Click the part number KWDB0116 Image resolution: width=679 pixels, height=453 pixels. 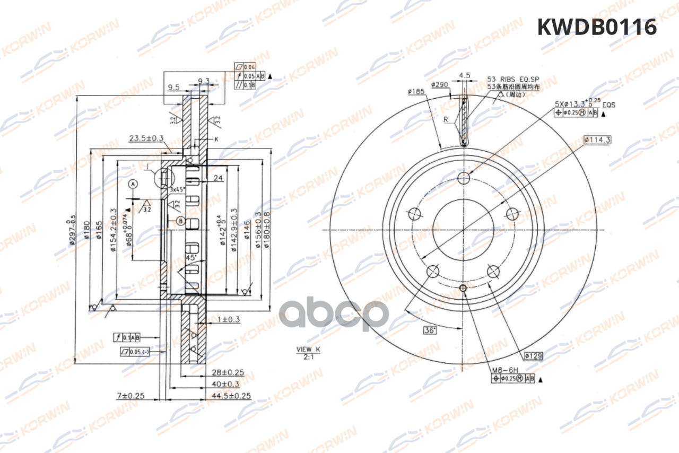click(597, 27)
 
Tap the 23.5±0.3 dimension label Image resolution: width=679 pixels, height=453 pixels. click(146, 138)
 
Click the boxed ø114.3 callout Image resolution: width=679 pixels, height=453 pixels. click(597, 140)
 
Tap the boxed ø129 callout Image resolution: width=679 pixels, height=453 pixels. click(534, 356)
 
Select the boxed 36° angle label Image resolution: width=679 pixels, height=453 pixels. click(430, 330)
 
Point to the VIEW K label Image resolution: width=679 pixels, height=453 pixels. click(308, 350)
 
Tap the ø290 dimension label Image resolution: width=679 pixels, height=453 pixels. click(440, 84)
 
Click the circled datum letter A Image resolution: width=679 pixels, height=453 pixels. click(133, 184)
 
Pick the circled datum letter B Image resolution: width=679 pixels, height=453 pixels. click(180, 221)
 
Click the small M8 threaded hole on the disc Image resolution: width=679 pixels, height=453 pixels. click(463, 288)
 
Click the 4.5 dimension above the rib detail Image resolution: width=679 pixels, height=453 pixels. click(465, 75)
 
